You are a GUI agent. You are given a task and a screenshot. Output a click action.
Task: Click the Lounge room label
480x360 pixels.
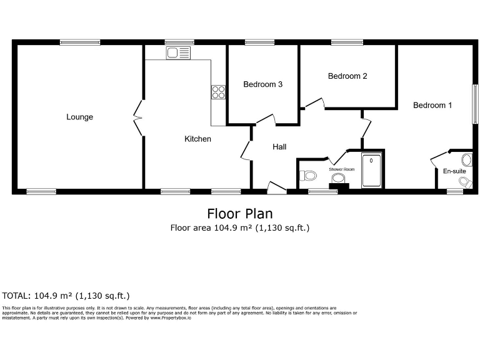coord(80,117)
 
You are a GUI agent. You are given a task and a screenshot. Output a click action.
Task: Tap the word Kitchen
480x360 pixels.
coord(197,139)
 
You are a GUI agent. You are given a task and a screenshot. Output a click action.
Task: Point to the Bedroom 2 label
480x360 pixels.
coord(347,76)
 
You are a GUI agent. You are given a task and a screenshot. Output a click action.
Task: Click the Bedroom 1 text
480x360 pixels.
coord(432,105)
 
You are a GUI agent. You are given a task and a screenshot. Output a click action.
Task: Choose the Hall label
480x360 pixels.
coord(279,147)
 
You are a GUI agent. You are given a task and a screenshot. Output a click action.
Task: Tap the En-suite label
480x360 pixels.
coord(454,171)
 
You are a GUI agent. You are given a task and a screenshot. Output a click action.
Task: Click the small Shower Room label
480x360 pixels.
coord(342,169)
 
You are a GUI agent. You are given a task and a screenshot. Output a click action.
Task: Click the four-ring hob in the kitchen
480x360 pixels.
coord(218,92)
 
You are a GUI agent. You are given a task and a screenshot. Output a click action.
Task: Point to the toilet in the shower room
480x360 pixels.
coord(306,176)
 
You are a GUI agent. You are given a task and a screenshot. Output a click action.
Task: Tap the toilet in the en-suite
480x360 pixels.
coord(464,181)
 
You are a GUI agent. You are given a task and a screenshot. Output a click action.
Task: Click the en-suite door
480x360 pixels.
coord(441,157)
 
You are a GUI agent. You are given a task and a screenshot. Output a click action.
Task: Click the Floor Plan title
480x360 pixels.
coord(240,214)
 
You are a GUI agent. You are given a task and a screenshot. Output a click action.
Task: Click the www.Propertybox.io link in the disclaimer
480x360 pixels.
coord(171,318)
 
